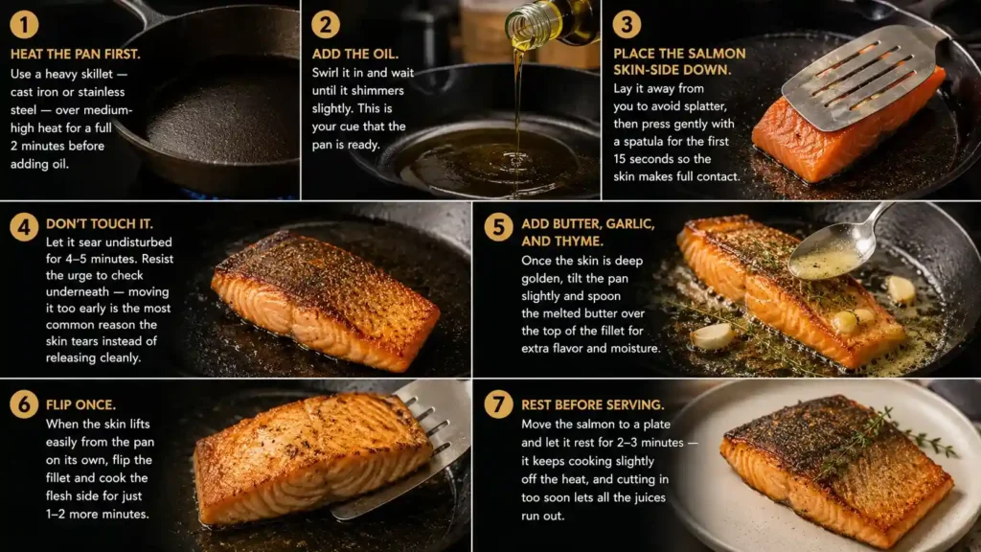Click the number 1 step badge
[x=24, y=24]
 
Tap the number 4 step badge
[x=24, y=226]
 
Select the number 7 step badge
[x=498, y=404]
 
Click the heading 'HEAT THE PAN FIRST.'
[x=75, y=55]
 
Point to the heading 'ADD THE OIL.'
[x=354, y=55]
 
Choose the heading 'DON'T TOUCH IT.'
[x=99, y=224]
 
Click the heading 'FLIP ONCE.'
[x=80, y=405]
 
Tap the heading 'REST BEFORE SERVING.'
[x=592, y=405]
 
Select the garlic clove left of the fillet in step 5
[x=713, y=336]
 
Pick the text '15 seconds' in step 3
[x=639, y=159]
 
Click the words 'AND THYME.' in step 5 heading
[x=561, y=241]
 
